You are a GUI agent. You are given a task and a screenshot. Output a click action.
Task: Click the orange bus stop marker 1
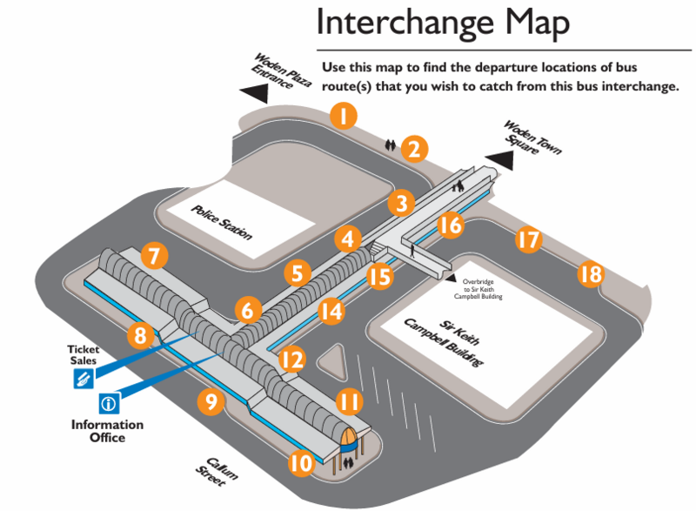pyautogui.click(x=345, y=117)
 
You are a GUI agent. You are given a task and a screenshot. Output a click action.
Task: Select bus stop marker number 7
pyautogui.click(x=154, y=257)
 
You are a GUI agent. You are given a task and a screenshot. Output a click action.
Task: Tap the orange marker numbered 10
pyautogui.click(x=300, y=463)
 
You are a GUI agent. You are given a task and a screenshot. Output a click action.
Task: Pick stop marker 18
pyautogui.click(x=591, y=275)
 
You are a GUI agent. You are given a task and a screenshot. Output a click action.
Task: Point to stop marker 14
pyautogui.click(x=331, y=310)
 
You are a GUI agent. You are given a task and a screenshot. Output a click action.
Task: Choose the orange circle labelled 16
pyautogui.click(x=449, y=226)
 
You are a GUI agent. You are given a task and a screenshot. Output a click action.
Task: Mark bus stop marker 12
pyautogui.click(x=292, y=358)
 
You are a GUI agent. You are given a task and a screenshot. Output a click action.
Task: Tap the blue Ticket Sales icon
pyautogui.click(x=84, y=379)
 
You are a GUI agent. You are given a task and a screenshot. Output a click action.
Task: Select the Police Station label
pyautogui.click(x=221, y=220)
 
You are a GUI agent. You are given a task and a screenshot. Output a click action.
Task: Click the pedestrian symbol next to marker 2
pyautogui.click(x=391, y=145)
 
